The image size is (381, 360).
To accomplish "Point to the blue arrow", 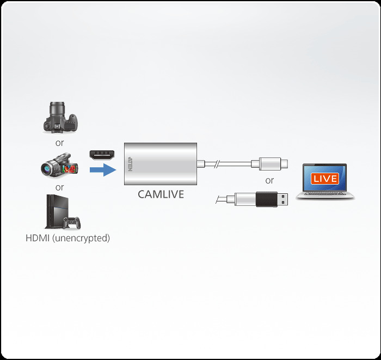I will [x=103, y=170].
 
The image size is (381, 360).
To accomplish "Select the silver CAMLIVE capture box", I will [x=161, y=164].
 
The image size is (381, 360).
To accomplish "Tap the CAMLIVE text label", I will [x=161, y=194].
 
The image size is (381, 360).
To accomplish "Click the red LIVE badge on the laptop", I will [x=325, y=179].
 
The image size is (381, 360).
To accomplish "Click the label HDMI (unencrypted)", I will [x=67, y=238].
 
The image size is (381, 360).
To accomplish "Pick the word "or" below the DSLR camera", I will [x=59, y=143].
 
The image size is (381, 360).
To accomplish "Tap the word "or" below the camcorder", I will [x=59, y=187].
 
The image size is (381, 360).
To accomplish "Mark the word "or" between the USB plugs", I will [x=269, y=180].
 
